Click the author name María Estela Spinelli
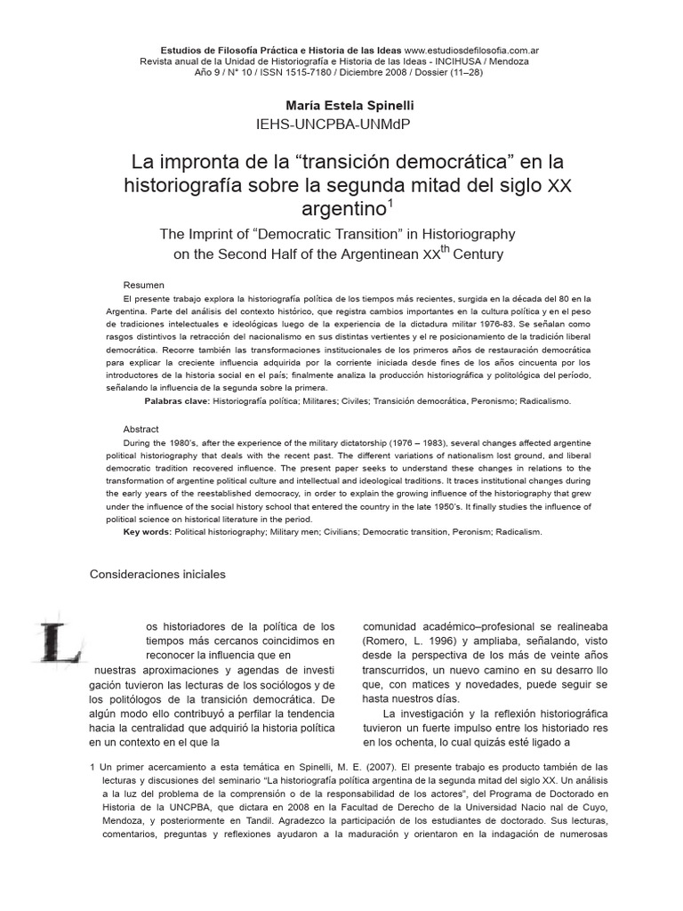coord(344,105)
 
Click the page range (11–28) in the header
coord(463,73)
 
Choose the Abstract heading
coord(141,429)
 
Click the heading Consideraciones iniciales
coord(157,575)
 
